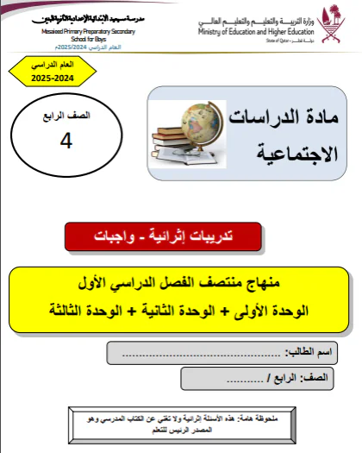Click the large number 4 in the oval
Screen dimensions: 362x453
66,143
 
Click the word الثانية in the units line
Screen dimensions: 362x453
158,308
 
